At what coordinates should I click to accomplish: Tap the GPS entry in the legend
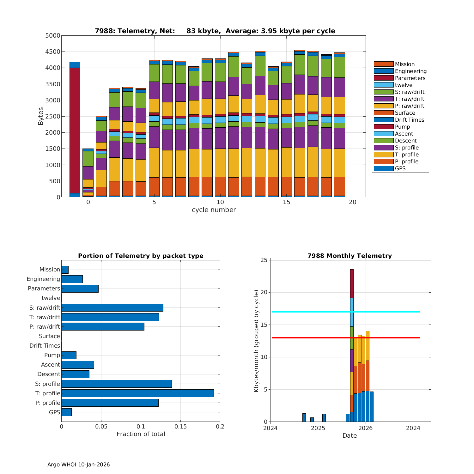tap(400, 168)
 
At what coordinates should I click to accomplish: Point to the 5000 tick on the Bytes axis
tap(53, 36)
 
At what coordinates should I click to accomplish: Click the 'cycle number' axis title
tap(214, 210)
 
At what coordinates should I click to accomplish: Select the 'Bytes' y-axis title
tap(41, 116)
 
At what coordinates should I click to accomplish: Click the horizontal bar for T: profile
tap(137, 393)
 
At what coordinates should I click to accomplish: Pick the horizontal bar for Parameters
tap(80, 289)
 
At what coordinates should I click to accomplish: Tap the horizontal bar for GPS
tap(67, 412)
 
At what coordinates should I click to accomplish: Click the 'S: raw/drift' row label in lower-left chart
tap(45, 307)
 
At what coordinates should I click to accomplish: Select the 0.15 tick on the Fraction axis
tap(180, 427)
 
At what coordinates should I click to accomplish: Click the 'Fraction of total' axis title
tap(141, 434)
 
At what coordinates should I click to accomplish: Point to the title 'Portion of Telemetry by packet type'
tap(141, 256)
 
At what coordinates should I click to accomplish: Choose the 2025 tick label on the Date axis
tap(318, 428)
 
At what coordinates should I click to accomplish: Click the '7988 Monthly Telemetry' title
tap(349, 256)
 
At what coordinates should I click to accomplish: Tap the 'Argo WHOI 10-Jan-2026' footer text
tap(79, 465)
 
